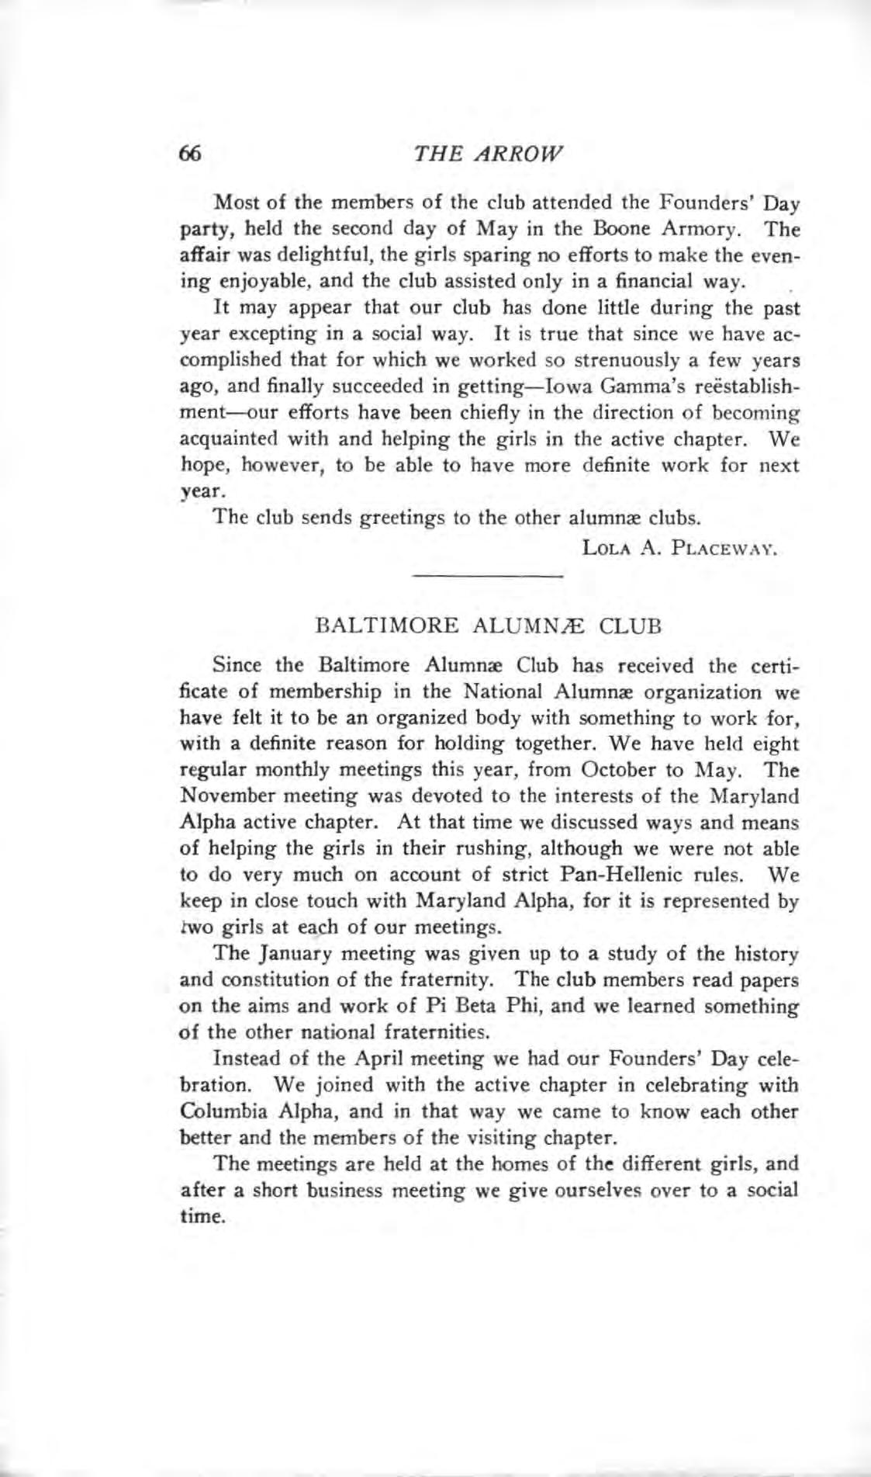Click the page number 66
click(191, 153)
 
